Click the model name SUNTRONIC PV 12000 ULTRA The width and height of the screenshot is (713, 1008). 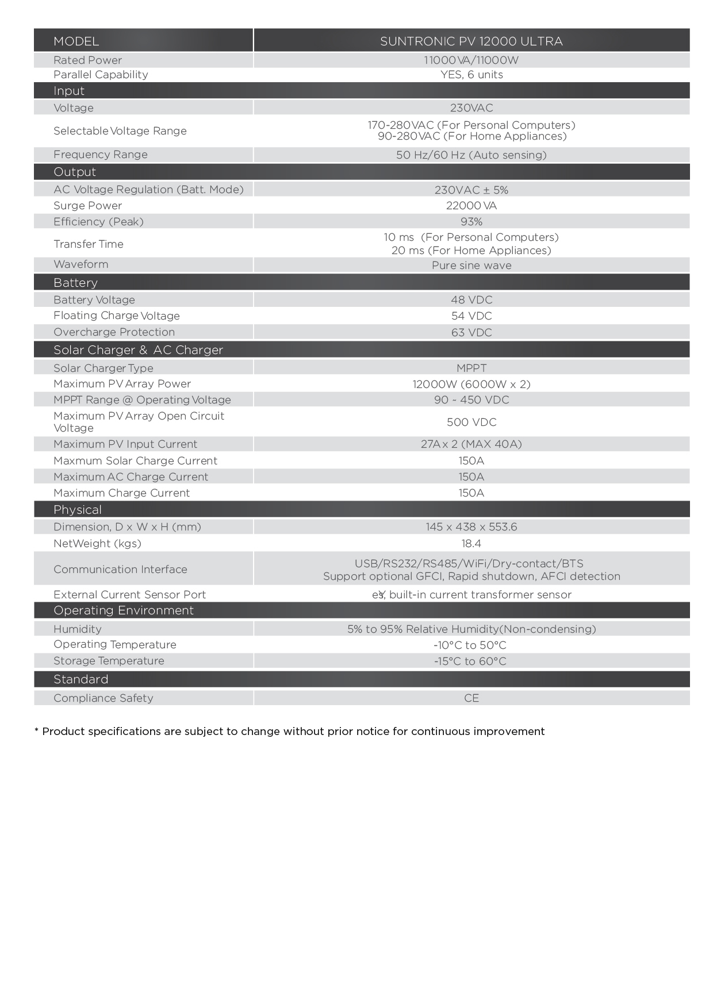471,41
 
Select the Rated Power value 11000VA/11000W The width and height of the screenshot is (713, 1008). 471,60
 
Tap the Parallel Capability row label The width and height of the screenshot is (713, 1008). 101,75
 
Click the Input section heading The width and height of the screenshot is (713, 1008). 69,91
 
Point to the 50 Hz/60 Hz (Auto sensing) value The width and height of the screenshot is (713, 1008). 471,155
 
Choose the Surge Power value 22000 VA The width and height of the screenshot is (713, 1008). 471,206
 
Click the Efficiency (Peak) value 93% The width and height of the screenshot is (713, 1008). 471,222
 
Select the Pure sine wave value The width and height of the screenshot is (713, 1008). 471,266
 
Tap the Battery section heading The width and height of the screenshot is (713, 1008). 75,283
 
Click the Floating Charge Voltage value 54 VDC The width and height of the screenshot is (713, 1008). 471,316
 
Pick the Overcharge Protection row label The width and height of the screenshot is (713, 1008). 114,332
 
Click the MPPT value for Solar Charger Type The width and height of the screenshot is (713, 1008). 471,368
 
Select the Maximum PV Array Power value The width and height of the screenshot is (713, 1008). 471,384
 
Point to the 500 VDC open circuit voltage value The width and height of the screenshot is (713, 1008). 471,422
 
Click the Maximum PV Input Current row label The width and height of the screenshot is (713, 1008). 125,444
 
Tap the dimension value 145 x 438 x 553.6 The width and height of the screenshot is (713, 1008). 471,527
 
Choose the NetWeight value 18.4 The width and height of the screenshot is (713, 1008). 471,544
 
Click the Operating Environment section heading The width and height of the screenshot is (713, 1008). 124,610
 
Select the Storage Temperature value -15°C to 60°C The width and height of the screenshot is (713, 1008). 470,661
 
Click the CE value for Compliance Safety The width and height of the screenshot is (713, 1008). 471,698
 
